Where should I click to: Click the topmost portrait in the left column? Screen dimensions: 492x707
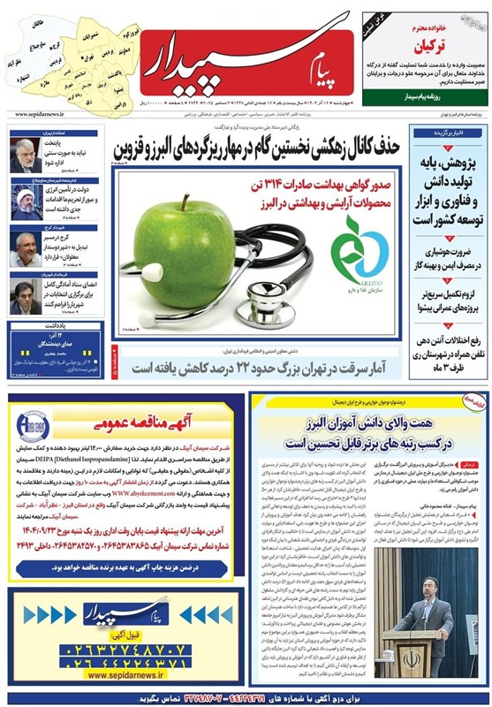[26, 155]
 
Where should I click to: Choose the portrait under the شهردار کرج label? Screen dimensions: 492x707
[26, 250]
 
